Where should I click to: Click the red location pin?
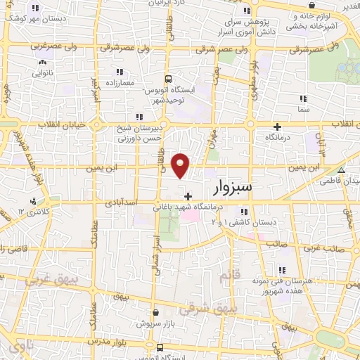181,165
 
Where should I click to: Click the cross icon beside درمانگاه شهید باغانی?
186,196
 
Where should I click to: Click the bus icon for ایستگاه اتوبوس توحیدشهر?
167,79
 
